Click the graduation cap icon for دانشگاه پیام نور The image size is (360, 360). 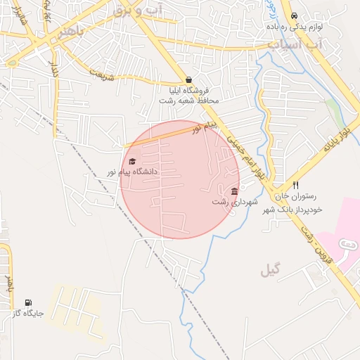132,161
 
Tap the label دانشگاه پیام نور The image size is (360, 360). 132,172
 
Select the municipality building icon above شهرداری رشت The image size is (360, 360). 234,192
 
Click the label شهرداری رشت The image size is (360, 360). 235,202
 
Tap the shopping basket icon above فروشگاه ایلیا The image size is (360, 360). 188,80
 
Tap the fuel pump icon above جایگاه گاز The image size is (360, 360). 28,302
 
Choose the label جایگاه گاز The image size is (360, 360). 28,313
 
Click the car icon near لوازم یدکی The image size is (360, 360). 293,15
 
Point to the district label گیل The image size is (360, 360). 270,271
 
